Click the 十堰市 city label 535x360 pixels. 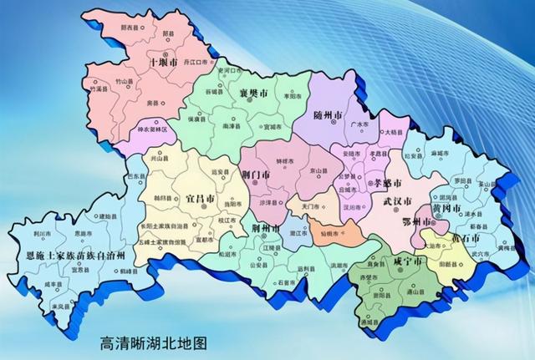[162, 63]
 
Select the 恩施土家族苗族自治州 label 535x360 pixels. [75, 253]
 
